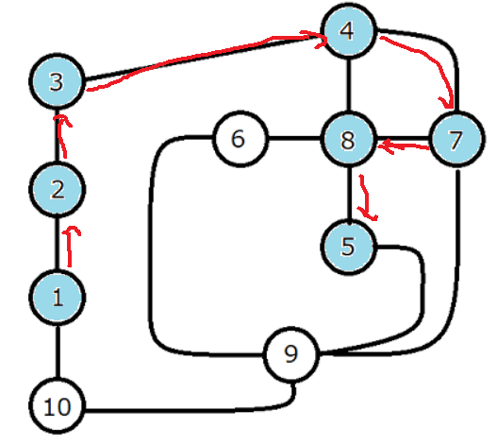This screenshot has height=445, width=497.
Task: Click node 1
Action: pos(57,298)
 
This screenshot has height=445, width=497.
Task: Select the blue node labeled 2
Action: pos(57,189)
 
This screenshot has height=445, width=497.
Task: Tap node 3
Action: pos(57,81)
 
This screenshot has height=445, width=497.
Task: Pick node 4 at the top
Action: pos(349,31)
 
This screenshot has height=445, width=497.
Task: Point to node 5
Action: pos(349,247)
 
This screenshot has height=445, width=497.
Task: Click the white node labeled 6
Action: pos(240,139)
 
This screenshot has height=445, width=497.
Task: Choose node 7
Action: pos(456,139)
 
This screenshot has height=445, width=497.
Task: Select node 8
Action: pos(349,139)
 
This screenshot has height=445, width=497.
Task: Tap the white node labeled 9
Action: pos(291,354)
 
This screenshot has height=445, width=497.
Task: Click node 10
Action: pos(57,405)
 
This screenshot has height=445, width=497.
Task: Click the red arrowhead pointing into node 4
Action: pos(320,40)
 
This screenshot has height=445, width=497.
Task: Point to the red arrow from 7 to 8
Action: pos(405,146)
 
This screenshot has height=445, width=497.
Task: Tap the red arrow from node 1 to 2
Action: pos(70,247)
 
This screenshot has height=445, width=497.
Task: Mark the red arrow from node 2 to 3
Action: pos(63,137)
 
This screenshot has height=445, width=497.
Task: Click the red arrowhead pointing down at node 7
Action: pos(447,103)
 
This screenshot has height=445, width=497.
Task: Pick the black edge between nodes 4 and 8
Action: pos(349,85)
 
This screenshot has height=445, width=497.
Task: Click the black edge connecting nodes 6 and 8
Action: pos(295,139)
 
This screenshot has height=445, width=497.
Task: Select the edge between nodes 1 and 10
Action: pos(58,351)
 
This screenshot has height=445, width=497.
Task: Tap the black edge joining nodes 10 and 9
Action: pos(191,411)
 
